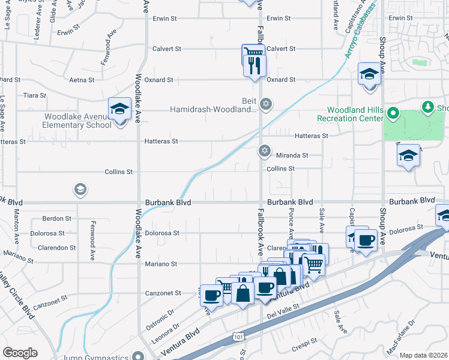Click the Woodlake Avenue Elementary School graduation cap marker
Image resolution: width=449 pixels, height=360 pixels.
click(x=120, y=109)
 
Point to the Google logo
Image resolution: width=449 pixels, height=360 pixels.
click(x=20, y=352)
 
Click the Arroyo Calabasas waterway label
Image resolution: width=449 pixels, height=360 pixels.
click(x=359, y=35)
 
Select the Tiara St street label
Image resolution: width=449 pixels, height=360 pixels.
click(x=34, y=95)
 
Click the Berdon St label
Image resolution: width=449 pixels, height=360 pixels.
click(x=57, y=218)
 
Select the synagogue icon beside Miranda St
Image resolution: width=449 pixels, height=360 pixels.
click(x=264, y=151)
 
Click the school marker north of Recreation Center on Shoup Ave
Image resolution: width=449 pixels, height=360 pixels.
click(x=369, y=74)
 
